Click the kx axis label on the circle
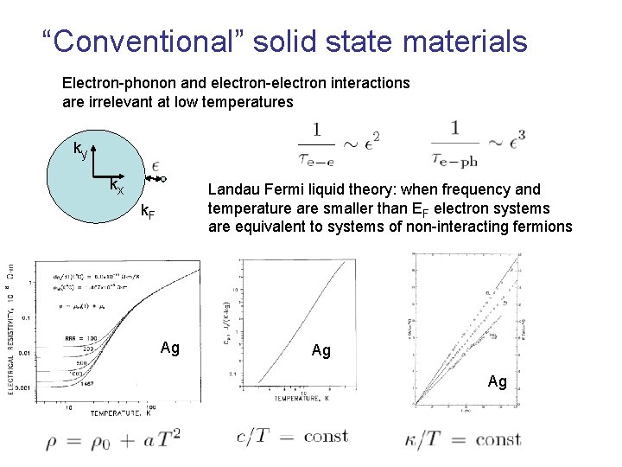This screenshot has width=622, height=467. click(116, 186)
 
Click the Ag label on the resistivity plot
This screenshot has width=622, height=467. click(170, 348)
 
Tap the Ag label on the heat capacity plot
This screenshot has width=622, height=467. click(321, 350)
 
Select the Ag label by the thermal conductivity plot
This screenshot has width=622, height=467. click(498, 381)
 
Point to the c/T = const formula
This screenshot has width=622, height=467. click(292, 438)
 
